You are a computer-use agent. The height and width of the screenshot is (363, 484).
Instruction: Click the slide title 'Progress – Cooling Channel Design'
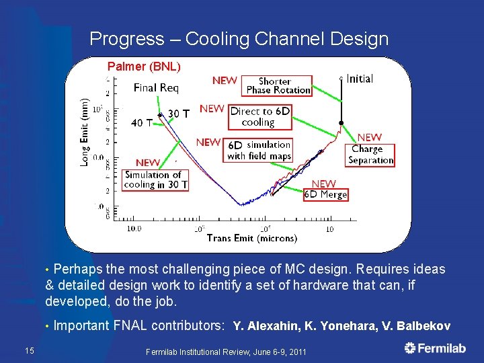click(239, 39)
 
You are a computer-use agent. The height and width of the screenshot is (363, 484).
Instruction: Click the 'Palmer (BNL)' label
click(145, 67)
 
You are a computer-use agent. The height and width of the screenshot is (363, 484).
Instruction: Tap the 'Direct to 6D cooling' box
click(259, 117)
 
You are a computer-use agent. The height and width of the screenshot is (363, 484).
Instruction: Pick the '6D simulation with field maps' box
click(259, 151)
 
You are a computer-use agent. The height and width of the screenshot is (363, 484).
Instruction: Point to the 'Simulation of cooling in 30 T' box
click(156, 179)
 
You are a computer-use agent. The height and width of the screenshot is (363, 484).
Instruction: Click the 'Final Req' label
click(156, 87)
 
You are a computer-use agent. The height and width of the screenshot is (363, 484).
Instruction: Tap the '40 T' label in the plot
click(141, 123)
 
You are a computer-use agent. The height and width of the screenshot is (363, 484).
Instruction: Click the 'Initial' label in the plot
click(360, 79)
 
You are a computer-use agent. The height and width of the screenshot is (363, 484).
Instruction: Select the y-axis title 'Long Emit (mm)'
click(85, 132)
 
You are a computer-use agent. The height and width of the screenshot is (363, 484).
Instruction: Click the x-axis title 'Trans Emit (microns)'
click(252, 238)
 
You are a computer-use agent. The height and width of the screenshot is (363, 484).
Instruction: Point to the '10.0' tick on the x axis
click(134, 229)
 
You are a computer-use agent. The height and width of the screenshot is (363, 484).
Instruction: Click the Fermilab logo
click(435, 348)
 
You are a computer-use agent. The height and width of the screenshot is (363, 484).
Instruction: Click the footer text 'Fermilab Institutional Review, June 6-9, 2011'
click(227, 352)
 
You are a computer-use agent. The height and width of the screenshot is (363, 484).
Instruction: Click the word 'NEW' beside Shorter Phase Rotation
click(225, 80)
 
